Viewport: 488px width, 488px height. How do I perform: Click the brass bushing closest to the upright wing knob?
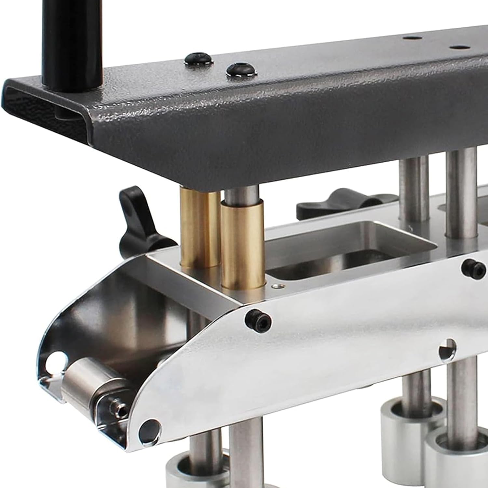(196, 228)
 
